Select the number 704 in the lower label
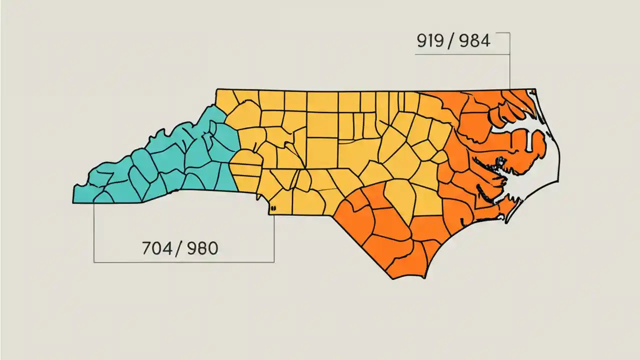tap(156, 248)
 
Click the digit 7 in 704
tap(146, 248)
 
